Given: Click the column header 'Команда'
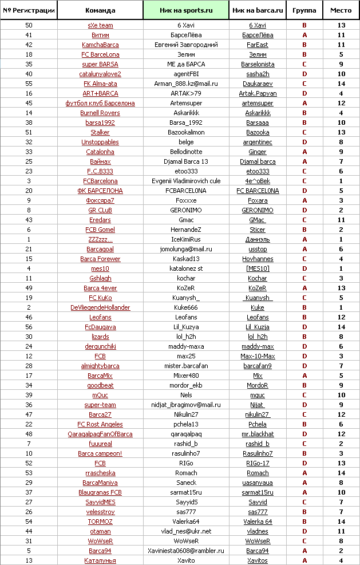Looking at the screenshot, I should [100, 10].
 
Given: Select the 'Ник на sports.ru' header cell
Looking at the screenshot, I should [186, 10].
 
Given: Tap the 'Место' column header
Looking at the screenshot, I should [341, 10].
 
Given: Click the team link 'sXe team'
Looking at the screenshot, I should [100, 25].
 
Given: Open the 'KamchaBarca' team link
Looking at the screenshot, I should [100, 45].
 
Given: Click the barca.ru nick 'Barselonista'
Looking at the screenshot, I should [258, 64].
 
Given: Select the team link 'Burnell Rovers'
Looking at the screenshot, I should [100, 113].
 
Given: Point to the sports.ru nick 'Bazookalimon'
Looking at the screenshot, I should [186, 132].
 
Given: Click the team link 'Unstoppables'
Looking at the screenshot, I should [100, 142].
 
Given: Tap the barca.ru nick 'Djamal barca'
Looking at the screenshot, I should [258, 161].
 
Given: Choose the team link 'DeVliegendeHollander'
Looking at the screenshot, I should [100, 307].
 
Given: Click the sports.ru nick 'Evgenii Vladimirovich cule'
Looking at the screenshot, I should [186, 181].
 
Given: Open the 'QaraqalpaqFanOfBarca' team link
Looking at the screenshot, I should [100, 434].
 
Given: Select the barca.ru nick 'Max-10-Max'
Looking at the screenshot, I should [258, 356].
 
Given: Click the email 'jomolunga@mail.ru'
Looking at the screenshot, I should [186, 249].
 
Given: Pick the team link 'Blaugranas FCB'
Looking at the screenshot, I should [100, 492].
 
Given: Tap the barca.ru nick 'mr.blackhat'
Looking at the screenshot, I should [258, 434].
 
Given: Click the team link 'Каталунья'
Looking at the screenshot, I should [100, 560].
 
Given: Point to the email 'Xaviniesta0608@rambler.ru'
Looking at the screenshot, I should [186, 551].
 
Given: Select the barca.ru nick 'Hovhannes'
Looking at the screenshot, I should [258, 259].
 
